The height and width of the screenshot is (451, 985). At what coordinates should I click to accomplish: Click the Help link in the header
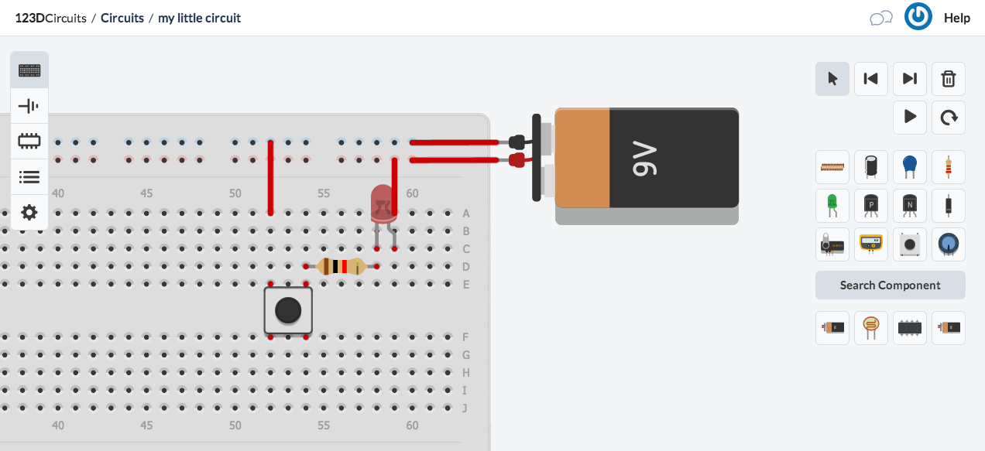pos(956,18)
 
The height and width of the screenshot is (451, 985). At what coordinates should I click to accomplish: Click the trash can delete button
pos(948,79)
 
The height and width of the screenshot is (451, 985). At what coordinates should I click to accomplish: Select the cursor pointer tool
pos(832,79)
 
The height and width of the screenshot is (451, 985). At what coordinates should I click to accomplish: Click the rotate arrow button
pos(948,118)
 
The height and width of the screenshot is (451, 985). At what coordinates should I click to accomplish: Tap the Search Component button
pos(890,285)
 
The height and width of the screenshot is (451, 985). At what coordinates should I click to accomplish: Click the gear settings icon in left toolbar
pos(29,212)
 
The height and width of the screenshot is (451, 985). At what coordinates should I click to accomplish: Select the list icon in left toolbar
pos(29,177)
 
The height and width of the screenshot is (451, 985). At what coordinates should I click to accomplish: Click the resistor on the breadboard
pos(341,267)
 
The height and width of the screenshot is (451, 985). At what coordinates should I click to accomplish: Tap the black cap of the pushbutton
pos(288,310)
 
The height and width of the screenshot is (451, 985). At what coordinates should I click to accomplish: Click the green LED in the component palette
pos(832,205)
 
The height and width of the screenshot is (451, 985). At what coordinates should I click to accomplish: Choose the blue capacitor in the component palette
pos(909,166)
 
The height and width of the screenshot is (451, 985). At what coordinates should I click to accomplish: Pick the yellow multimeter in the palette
pos(871,244)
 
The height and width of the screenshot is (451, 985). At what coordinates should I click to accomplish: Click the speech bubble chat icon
pos(881,18)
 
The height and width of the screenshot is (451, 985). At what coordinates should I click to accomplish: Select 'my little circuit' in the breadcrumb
pos(199,18)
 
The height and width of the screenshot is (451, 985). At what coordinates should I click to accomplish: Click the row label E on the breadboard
pos(465,285)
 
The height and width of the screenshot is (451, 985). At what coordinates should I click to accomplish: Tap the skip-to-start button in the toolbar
pos(870,79)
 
